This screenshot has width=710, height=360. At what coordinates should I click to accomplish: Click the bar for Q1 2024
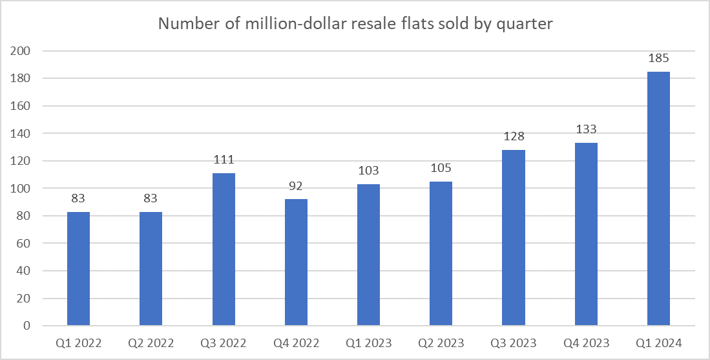click(658, 198)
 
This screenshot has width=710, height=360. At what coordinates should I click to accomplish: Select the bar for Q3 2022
click(224, 249)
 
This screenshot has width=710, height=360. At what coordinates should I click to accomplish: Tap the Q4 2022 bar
click(296, 262)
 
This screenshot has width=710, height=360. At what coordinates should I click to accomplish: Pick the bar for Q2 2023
click(441, 253)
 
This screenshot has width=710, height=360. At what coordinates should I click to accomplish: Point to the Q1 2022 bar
click(78, 268)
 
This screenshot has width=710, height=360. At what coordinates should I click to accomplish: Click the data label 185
click(658, 58)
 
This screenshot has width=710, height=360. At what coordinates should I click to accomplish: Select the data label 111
click(224, 160)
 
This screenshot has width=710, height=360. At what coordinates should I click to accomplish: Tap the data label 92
click(296, 186)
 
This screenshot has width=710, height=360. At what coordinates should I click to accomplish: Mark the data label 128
click(514, 137)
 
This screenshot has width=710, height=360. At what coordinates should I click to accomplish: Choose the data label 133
click(586, 130)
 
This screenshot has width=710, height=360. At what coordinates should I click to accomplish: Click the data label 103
click(369, 171)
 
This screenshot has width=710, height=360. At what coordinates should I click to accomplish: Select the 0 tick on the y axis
click(27, 326)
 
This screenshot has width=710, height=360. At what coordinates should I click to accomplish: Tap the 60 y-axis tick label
click(24, 243)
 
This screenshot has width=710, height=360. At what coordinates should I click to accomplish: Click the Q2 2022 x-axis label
click(151, 343)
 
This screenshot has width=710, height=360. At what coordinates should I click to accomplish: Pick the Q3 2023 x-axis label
click(514, 343)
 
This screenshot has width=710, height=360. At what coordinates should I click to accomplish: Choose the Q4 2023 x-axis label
click(586, 343)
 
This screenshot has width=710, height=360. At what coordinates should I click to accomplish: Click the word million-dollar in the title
click(282, 24)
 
